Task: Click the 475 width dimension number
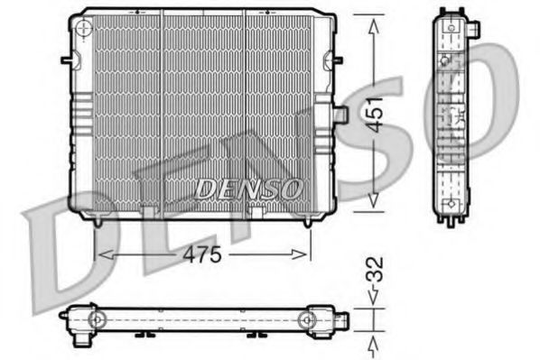tap(204, 254)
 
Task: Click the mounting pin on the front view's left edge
tap(66, 60)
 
